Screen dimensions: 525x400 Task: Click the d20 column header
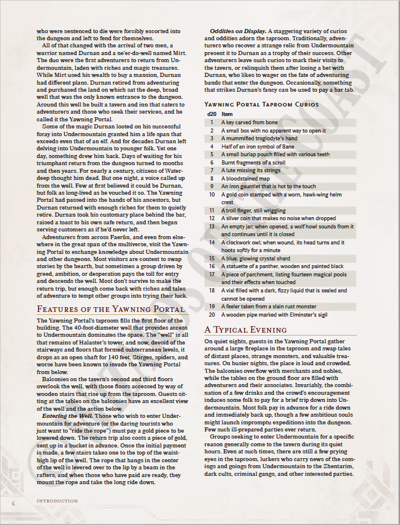pos(211,114)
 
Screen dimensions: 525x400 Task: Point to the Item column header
pos(227,114)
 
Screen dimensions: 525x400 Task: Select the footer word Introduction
pos(57,501)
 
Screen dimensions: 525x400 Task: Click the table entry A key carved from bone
pos(249,123)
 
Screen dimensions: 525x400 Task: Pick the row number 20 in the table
pos(212,314)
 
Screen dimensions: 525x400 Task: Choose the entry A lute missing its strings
pos(251,170)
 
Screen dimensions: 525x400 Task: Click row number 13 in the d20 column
pos(212,226)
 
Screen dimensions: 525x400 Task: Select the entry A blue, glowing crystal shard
pos(255,258)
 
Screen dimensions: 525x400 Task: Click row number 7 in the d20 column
pos(212,170)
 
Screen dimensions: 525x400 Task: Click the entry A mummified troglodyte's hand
pos(259,139)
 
